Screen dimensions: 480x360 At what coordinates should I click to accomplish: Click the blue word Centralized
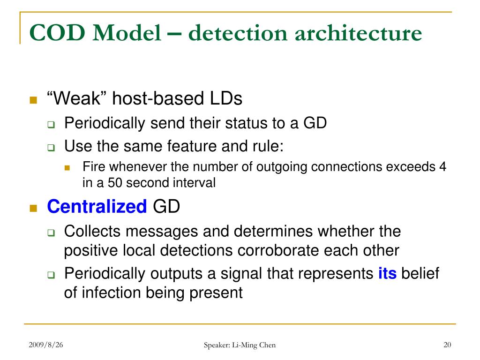97,207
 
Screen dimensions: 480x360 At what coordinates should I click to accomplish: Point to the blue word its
387,273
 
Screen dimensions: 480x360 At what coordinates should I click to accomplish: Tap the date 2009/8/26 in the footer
45,345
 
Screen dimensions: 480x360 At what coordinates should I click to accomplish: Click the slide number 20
447,345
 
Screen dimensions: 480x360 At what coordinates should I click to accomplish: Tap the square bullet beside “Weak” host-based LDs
33,100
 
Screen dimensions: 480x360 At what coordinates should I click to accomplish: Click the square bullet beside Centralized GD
33,208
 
